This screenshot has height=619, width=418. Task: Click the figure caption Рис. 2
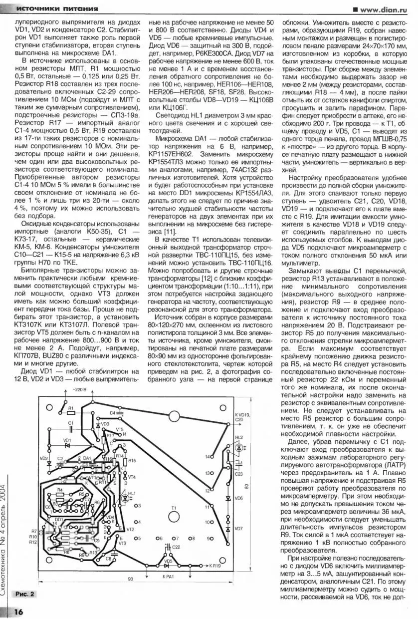pyautogui.click(x=25, y=594)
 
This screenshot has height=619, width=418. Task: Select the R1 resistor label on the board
pyautogui.click(x=71, y=408)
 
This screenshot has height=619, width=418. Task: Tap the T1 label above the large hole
pyautogui.click(x=174, y=508)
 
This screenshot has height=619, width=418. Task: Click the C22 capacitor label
pyautogui.click(x=176, y=548)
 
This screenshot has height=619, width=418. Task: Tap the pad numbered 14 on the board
pyautogui.click(x=207, y=457)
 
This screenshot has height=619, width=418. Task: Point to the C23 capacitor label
pyautogui.click(x=238, y=474)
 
